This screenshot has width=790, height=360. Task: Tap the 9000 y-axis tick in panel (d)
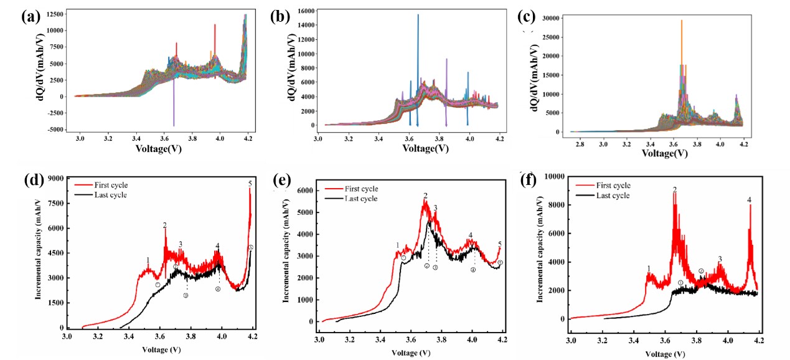click(x=55, y=179)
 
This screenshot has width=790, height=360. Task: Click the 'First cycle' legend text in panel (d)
click(x=110, y=185)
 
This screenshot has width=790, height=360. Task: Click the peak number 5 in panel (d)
click(x=250, y=183)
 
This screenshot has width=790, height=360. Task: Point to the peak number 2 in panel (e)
click(x=426, y=196)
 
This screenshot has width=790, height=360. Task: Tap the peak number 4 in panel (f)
click(x=750, y=200)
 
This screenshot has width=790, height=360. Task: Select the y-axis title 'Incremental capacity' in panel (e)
click(x=286, y=255)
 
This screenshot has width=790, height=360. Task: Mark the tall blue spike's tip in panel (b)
click(x=418, y=14)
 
